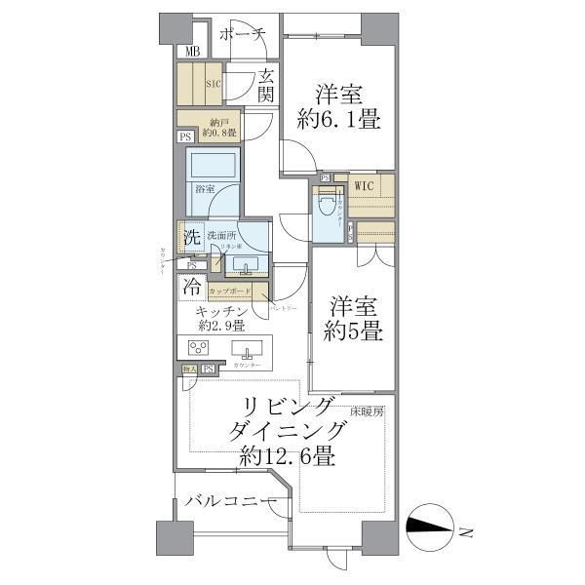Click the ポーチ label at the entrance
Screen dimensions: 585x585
pos(243,34)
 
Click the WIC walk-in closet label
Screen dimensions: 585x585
pos(364,185)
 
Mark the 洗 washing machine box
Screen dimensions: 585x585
pos(192,237)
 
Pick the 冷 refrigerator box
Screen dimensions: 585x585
pos(192,289)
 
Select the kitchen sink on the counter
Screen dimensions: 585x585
pos(249,352)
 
